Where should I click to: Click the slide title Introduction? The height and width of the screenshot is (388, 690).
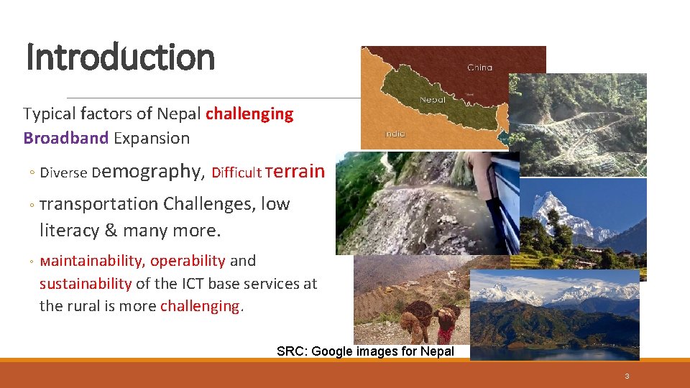click(x=120, y=57)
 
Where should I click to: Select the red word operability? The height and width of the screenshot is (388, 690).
click(x=188, y=260)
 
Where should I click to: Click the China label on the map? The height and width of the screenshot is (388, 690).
click(x=479, y=68)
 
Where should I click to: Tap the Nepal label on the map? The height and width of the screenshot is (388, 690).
click(x=432, y=100)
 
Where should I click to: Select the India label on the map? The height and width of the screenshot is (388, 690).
click(x=395, y=134)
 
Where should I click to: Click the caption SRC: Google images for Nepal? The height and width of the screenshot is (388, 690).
click(x=365, y=351)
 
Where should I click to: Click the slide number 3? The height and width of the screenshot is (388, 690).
click(x=627, y=376)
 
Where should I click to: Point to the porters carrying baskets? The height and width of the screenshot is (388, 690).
click(x=430, y=322)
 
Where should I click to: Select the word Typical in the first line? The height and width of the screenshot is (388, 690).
click(x=49, y=114)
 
